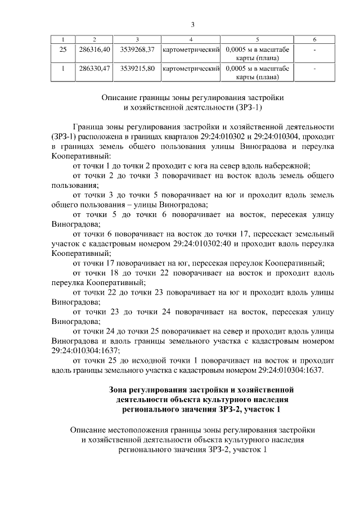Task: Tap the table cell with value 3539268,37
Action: [x=137, y=51]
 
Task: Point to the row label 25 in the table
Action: [x=63, y=51]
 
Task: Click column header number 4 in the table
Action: [x=191, y=39]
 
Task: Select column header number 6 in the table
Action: [x=314, y=39]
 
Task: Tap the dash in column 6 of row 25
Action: [x=314, y=51]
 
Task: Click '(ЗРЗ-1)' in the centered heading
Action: [x=246, y=107]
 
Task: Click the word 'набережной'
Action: [x=290, y=165]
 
